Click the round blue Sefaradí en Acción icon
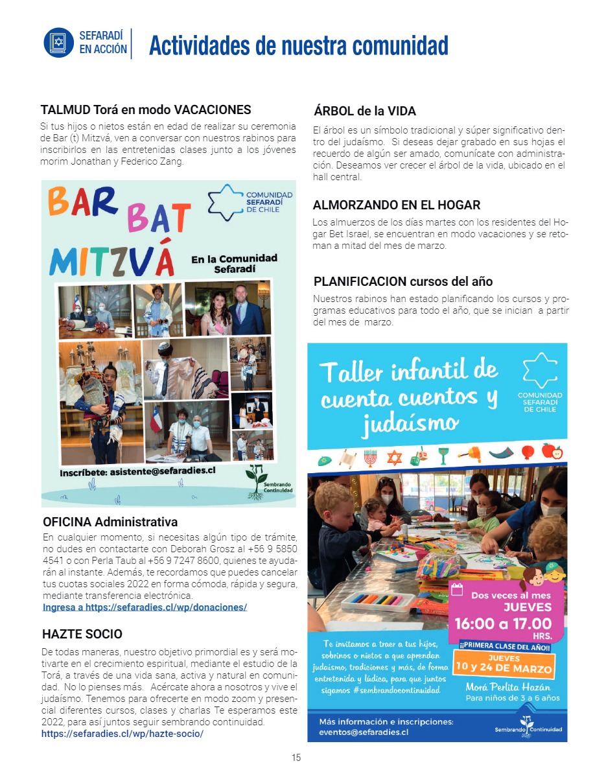(59, 43)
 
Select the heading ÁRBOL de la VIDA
(364, 111)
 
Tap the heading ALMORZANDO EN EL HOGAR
(396, 205)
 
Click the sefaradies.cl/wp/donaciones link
(145, 607)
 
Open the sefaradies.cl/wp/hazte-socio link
(122, 734)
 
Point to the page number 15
(296, 758)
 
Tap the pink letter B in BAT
(137, 220)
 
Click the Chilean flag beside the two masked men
(156, 417)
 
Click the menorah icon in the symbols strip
(370, 458)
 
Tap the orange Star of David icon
(394, 458)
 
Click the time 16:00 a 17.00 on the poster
(503, 624)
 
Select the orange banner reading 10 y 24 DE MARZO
(504, 668)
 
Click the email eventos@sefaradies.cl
(364, 732)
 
